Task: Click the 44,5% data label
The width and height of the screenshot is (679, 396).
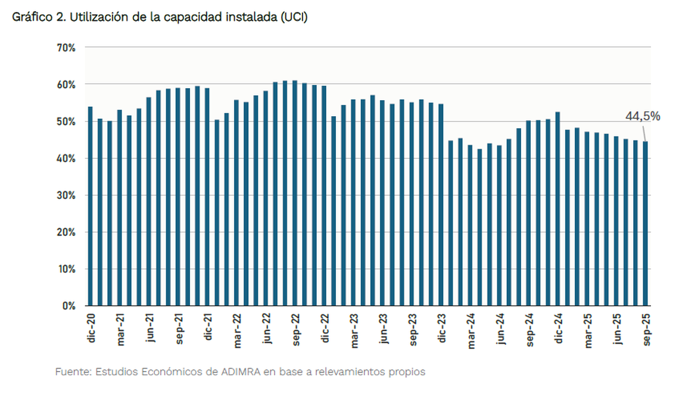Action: [642, 117]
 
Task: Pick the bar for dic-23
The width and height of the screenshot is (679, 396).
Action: [441, 205]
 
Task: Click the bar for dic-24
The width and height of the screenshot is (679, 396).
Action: [557, 208]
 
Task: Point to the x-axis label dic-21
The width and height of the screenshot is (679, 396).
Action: [208, 329]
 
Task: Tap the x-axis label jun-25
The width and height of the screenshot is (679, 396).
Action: [617, 329]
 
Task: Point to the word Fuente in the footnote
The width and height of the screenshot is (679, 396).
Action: [71, 372]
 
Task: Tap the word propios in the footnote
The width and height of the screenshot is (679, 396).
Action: [407, 372]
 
